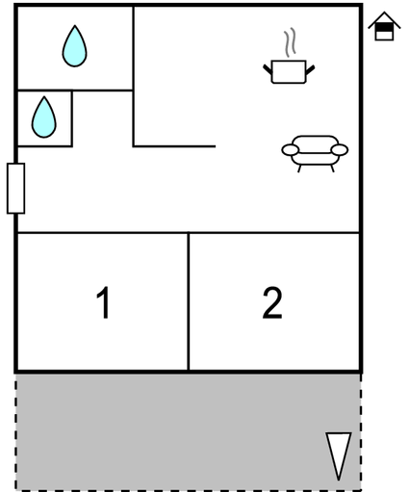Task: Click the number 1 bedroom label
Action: [x=104, y=302]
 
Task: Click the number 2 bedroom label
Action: [x=272, y=302]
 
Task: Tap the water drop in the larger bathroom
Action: [x=74, y=46]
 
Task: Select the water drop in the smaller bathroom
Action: [x=44, y=117]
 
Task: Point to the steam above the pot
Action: [x=290, y=43]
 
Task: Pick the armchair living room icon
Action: [x=315, y=154]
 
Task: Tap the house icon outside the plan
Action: [x=384, y=26]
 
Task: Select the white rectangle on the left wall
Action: [x=15, y=188]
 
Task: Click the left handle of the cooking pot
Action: [x=268, y=70]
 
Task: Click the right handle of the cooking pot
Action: [x=310, y=70]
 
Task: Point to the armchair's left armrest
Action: [x=291, y=150]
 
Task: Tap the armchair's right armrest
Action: [x=340, y=150]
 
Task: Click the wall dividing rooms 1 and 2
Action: [x=189, y=301]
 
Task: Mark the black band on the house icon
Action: [x=384, y=28]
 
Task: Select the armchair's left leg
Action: [x=299, y=168]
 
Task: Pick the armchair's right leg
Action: [x=332, y=168]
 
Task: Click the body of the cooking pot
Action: [x=289, y=72]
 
